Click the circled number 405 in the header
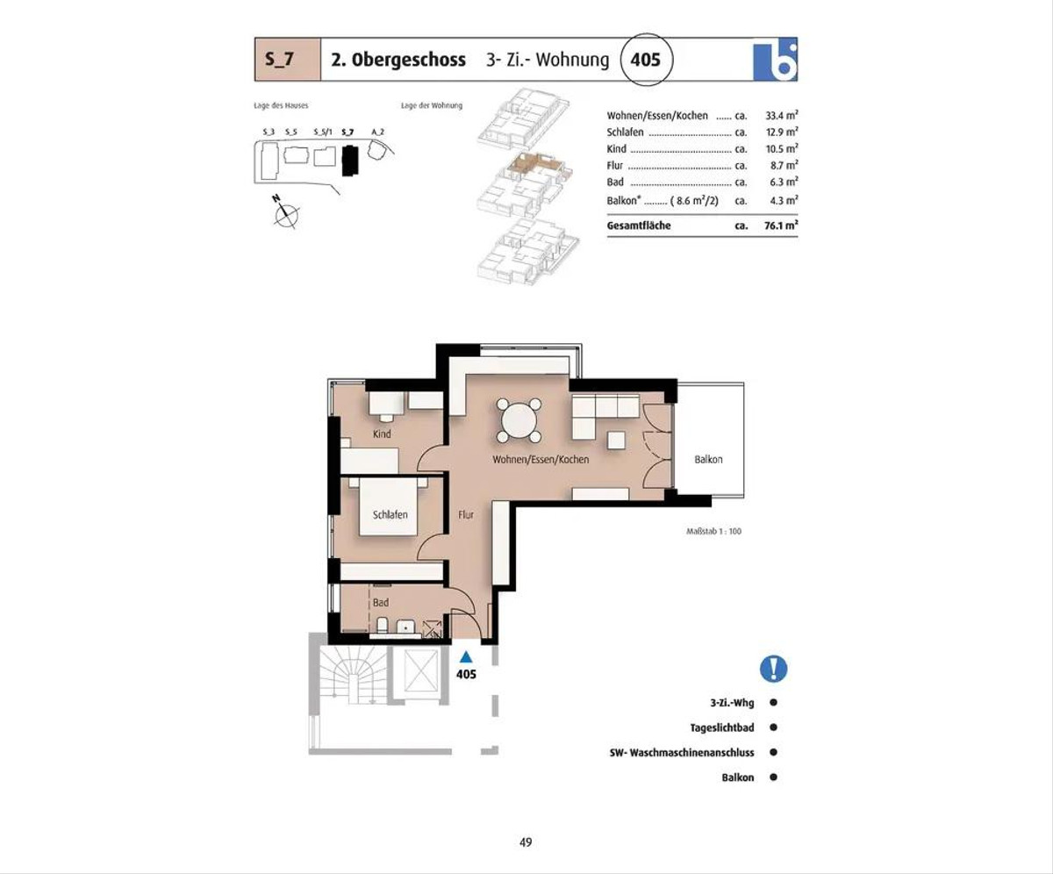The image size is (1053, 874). (x=646, y=60)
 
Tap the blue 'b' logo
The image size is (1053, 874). (x=775, y=60)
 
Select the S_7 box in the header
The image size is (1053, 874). (x=288, y=60)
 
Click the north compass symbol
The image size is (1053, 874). (x=286, y=213)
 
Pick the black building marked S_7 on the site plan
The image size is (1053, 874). (x=349, y=160)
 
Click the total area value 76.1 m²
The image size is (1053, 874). (x=781, y=226)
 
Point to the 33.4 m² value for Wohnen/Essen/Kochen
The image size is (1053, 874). (x=781, y=116)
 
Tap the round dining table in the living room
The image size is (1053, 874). (x=519, y=421)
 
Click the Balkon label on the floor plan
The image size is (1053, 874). (x=708, y=460)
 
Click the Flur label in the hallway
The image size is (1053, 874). (x=465, y=515)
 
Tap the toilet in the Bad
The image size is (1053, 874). (x=383, y=625)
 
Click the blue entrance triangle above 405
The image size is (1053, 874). (x=466, y=656)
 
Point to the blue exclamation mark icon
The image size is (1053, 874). (x=773, y=669)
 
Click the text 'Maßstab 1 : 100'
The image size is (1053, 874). (x=713, y=531)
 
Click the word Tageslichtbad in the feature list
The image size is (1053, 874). (x=722, y=727)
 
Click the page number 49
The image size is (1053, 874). (x=526, y=842)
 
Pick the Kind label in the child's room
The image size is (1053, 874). (x=382, y=433)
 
